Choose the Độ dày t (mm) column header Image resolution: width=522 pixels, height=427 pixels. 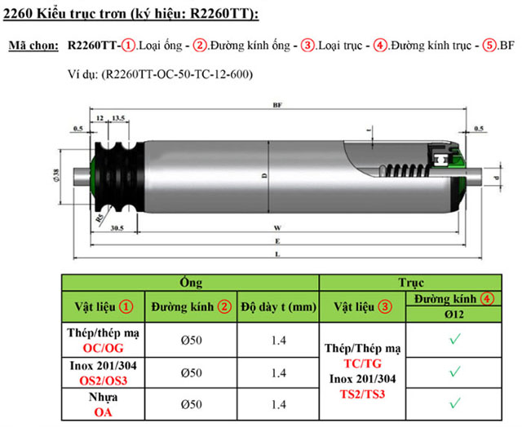point(277,307)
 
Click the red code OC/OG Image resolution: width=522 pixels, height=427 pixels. point(103,347)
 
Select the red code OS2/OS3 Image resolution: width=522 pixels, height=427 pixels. point(103,379)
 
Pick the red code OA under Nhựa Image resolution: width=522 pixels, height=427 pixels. point(103,412)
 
